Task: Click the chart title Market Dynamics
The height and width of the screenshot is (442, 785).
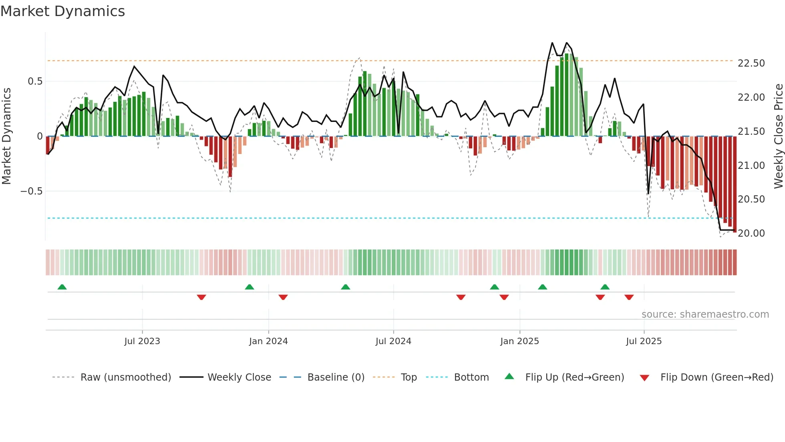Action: (63, 11)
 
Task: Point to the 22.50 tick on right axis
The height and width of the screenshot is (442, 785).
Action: (751, 63)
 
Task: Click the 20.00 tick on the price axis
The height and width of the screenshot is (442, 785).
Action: (751, 233)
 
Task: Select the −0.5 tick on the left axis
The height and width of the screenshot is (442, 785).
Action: (31, 191)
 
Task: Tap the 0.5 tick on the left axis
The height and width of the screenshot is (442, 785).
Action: (35, 81)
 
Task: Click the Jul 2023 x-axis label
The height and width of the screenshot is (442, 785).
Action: (142, 341)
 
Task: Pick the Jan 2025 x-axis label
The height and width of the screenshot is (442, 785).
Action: (519, 341)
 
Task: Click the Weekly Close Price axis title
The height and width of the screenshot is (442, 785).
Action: (778, 136)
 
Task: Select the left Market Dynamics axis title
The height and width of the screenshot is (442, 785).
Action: (6, 136)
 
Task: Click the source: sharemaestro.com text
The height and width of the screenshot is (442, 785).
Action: (705, 314)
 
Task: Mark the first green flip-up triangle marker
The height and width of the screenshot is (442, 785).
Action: (62, 287)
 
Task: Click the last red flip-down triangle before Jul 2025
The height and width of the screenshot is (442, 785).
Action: (629, 297)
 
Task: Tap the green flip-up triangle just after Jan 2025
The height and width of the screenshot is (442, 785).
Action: (542, 287)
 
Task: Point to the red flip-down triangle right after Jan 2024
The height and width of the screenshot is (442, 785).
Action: (283, 297)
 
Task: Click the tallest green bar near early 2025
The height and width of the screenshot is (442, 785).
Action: (567, 95)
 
